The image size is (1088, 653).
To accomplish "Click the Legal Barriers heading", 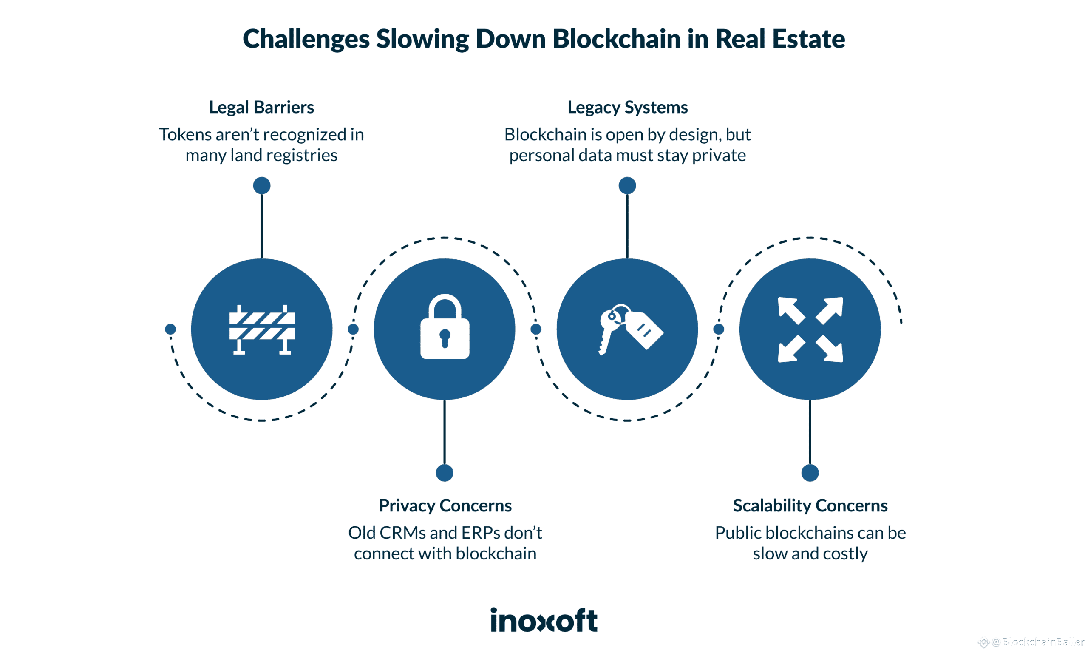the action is [x=261, y=108].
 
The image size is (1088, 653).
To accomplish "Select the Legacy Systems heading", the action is [x=627, y=108].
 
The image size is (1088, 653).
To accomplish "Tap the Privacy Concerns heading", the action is [x=445, y=505].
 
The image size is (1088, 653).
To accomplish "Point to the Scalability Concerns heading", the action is [x=810, y=505].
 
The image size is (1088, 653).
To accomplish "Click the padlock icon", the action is [x=445, y=328].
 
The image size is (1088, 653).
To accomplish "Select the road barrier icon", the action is [x=262, y=329].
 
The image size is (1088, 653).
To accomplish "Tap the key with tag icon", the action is [x=630, y=328].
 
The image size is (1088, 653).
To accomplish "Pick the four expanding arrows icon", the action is [x=810, y=329].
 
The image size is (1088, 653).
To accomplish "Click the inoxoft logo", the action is [x=544, y=620].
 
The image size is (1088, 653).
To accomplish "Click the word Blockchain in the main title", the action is [x=617, y=39].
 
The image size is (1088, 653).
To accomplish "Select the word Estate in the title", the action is [x=808, y=39].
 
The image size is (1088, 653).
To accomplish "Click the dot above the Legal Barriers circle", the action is [x=262, y=185].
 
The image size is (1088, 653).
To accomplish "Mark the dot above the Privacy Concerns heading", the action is [x=445, y=473].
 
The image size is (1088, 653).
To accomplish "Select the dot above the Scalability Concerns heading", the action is [x=810, y=473].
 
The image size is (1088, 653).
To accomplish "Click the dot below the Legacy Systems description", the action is [x=627, y=185].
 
